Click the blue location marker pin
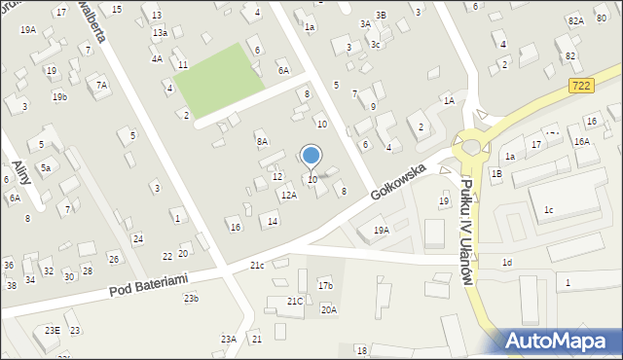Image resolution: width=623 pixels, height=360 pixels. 311,156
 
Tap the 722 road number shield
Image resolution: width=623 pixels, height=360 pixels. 581,87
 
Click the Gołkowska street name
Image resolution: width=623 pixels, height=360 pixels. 400,178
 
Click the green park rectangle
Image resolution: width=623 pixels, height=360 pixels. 217,78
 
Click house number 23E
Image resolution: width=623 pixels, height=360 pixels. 51,331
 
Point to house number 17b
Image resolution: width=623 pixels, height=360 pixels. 325,285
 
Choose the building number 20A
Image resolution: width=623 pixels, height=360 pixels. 329,309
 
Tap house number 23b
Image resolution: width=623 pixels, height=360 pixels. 191,298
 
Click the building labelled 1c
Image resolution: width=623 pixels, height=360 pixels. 548,210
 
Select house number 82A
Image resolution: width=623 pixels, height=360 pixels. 575,20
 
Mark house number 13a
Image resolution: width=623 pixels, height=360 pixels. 159,32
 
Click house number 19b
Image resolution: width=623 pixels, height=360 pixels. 59,96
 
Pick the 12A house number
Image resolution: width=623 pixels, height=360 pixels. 288,195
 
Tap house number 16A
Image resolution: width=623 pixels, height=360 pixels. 581,141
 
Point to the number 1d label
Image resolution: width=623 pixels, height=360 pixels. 506,263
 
